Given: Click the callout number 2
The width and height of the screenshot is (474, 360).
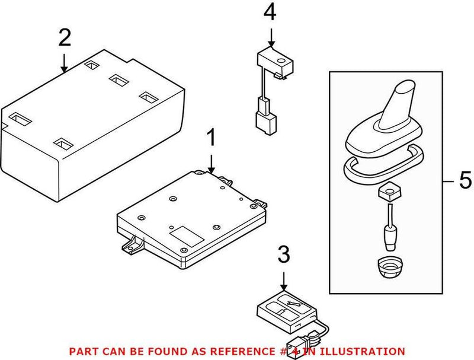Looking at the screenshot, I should point(64,38).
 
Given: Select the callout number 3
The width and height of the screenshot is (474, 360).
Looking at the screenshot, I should point(284,256).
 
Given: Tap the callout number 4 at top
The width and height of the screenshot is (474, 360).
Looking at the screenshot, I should point(270,12).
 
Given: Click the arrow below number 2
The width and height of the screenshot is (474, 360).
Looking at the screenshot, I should point(64,62).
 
